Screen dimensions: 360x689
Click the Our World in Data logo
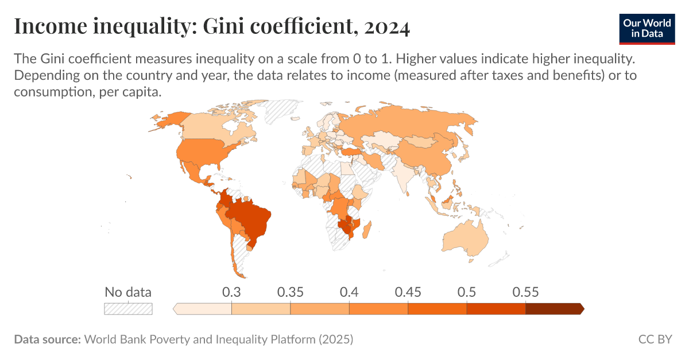pyautogui.click(x=647, y=27)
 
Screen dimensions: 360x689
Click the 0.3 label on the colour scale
pyautogui.click(x=231, y=292)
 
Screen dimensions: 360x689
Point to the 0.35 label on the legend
pyautogui.click(x=291, y=292)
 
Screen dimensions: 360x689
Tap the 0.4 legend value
pyautogui.click(x=349, y=292)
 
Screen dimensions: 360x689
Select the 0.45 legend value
pyautogui.click(x=408, y=292)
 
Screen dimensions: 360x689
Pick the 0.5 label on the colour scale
pyautogui.click(x=467, y=292)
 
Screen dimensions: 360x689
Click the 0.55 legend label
pyautogui.click(x=525, y=292)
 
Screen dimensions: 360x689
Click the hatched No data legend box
pyautogui.click(x=128, y=309)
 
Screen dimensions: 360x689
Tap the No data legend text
pyautogui.click(x=128, y=292)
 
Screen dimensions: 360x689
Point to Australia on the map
pyautogui.click(x=465, y=238)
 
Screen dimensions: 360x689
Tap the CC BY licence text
pyautogui.click(x=655, y=339)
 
